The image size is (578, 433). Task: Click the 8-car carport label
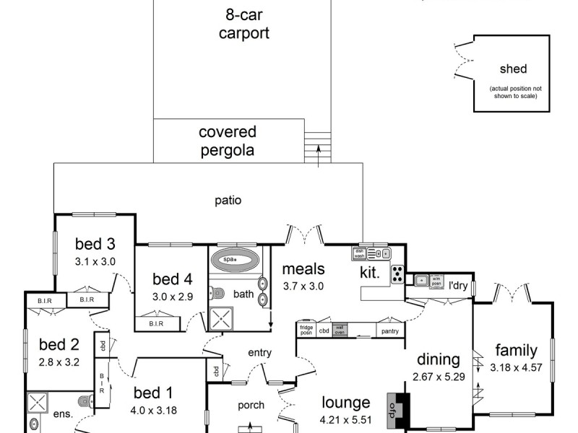[x=244, y=23]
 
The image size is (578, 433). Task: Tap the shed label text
[x=513, y=69]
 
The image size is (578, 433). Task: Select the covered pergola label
[x=227, y=141]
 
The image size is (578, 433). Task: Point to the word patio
[x=228, y=200]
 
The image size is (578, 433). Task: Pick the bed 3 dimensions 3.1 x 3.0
[x=95, y=261]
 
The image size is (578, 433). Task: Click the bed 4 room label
[x=172, y=279]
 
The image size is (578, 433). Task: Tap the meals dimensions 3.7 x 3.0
[x=303, y=286]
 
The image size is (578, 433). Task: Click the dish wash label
[x=359, y=253]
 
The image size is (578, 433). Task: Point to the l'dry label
[x=459, y=286]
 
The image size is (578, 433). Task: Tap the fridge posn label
[x=306, y=330]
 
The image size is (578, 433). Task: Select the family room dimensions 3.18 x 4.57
[x=516, y=367]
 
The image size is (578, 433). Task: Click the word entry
[x=259, y=352]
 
